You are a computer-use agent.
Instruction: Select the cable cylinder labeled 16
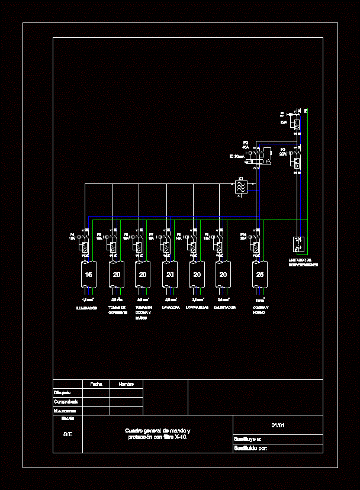[x=88, y=275]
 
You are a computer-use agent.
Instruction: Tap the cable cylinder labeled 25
[x=259, y=275]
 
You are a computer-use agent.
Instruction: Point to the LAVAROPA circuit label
[x=171, y=308]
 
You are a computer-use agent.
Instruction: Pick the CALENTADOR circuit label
[x=224, y=308]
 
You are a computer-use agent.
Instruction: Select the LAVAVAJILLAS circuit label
[x=197, y=308]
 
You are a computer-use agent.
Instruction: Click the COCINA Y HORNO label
[x=260, y=310]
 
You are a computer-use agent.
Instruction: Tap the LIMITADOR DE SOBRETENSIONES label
[x=303, y=262]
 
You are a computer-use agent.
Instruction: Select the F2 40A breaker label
[x=245, y=145]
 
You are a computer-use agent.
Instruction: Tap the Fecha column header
[x=96, y=384]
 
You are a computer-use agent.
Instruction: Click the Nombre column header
[x=126, y=384]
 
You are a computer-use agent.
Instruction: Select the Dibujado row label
[x=63, y=392]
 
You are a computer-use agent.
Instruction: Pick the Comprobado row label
[x=65, y=401]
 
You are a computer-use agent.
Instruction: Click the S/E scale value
[x=68, y=434]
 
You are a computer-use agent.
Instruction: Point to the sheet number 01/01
[x=278, y=425]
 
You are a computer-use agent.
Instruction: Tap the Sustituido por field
[x=251, y=448]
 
